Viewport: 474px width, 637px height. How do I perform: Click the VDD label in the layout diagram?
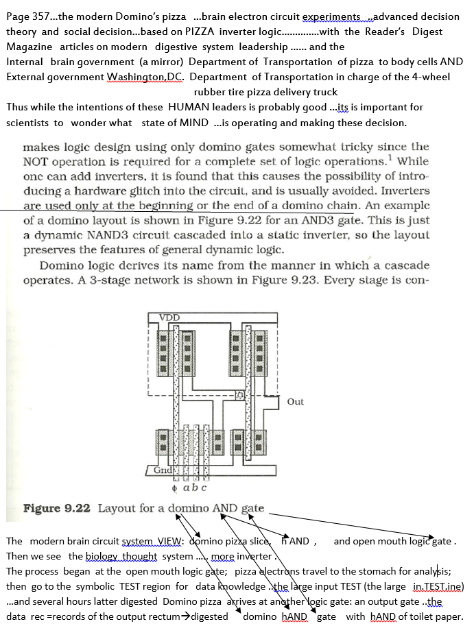point(169,317)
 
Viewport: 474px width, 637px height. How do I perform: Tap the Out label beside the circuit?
point(296,402)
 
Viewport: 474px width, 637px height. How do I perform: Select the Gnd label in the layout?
point(163,471)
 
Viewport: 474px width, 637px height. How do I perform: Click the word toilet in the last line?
point(417,616)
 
